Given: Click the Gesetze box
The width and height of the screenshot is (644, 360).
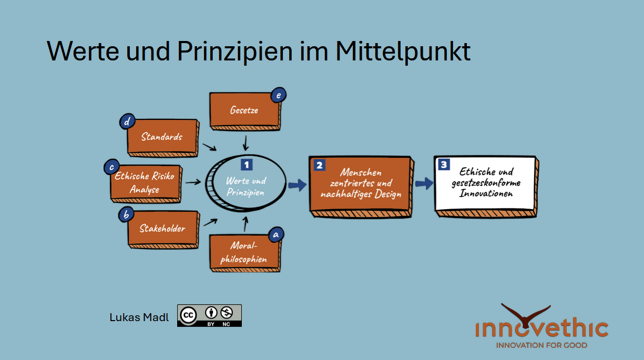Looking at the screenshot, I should pos(244,110).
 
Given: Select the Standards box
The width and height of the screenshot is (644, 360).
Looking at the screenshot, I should pos(162,137).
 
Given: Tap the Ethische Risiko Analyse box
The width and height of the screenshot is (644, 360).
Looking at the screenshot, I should pos(145,183).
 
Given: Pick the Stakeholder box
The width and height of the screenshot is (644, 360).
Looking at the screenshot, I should pos(162,229).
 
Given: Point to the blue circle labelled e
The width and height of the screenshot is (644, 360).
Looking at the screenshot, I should pos(278,95).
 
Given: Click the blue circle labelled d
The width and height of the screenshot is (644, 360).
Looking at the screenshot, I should pos(127,122).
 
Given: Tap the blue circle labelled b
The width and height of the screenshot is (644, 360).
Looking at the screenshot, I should pos(126,214).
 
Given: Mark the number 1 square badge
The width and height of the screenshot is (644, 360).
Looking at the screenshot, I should pos(247,164).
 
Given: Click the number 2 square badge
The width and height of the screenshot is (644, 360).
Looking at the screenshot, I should pos(319,165).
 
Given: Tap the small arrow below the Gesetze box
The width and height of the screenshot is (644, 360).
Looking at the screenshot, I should pos(246,141).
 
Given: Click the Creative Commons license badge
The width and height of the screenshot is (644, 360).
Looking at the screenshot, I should pos(209,315).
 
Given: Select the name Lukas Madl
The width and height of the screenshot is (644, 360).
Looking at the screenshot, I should pos(139,317).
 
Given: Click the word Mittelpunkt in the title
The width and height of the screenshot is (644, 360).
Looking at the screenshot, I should pos(403,51).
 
